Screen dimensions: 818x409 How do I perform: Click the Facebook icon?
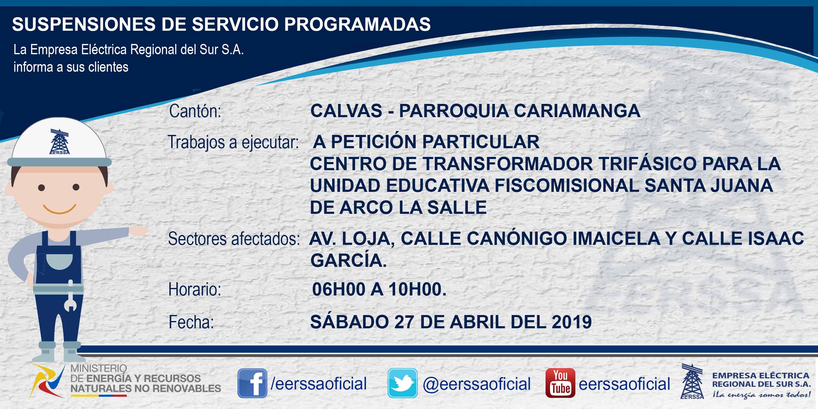point(252,383)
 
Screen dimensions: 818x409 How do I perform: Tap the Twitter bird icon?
point(402,383)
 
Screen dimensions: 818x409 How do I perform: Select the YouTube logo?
point(560,383)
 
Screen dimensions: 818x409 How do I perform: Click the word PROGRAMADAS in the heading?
point(357,24)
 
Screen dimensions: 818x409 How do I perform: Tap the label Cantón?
point(195,111)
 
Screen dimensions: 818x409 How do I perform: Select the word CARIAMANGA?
point(577,111)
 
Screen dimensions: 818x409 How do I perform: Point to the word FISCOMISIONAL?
point(567,185)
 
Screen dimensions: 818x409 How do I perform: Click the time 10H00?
point(417,289)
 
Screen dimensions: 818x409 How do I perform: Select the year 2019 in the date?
point(571,322)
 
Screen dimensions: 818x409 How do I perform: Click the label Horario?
point(195,289)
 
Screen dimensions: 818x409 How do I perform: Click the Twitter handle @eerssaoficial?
point(477,384)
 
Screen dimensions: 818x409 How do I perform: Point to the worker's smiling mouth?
point(60,209)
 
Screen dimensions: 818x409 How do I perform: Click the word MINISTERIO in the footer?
point(99,368)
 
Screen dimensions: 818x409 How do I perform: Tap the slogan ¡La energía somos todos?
point(761,395)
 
